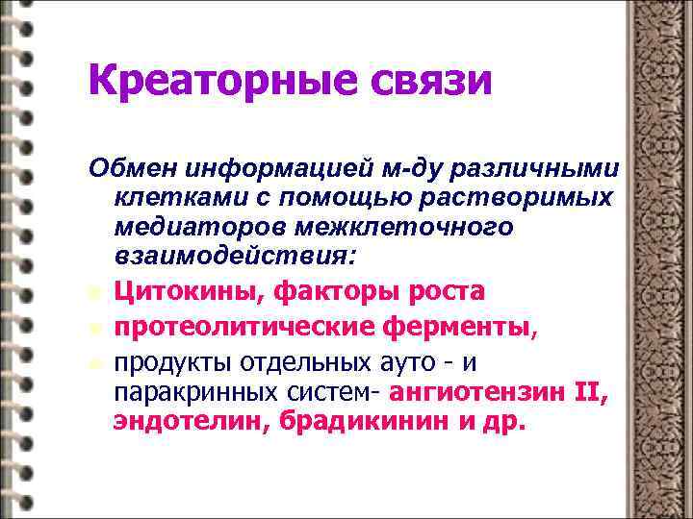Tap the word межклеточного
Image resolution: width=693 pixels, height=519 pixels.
pyautogui.click(x=375, y=227)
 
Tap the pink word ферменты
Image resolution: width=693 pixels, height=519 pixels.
pyautogui.click(x=453, y=330)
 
